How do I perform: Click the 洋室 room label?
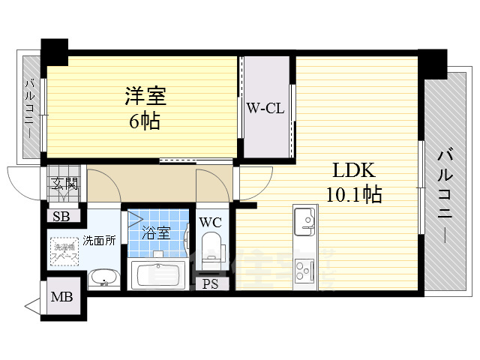click(x=145, y=96)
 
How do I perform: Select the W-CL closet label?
click(x=264, y=107)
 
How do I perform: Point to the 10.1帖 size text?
click(x=353, y=195)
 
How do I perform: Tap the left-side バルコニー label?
click(x=30, y=108)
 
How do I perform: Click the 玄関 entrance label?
click(x=64, y=182)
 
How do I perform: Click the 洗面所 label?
click(x=98, y=240)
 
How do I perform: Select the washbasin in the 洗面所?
click(x=103, y=279)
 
